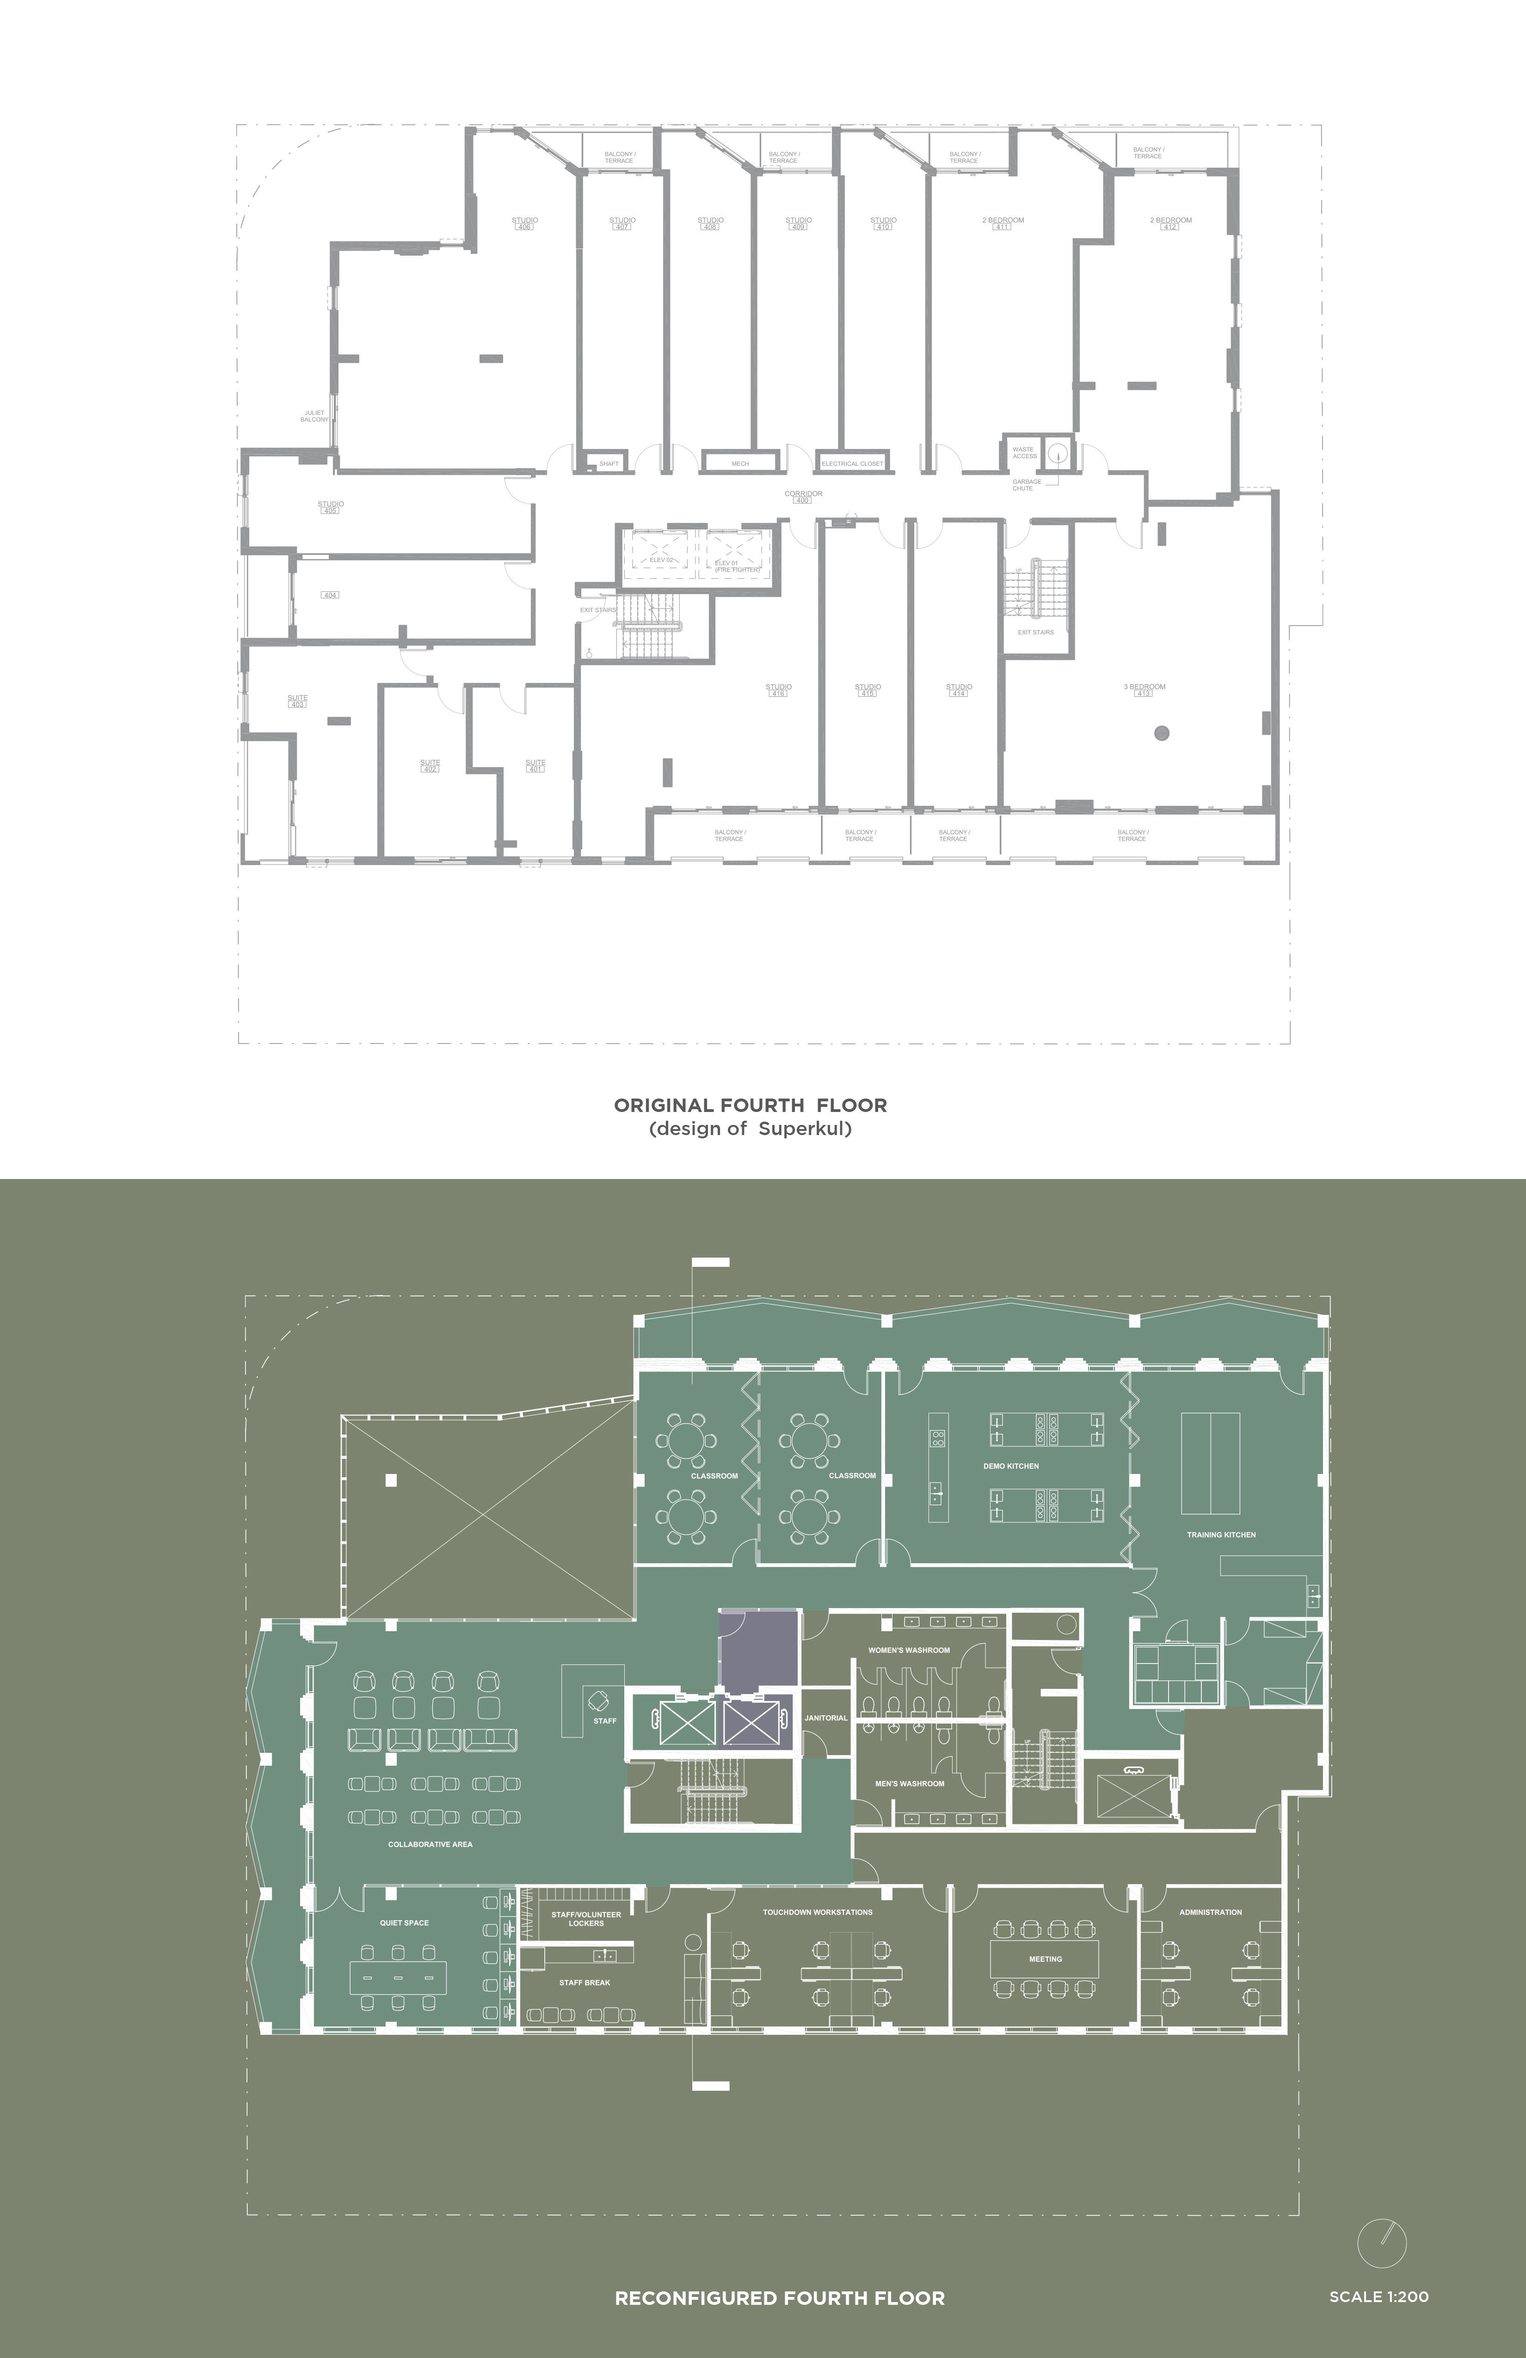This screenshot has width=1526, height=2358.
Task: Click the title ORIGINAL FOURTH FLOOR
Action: point(750,1105)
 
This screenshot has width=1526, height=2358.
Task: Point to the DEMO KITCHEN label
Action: point(1011,1465)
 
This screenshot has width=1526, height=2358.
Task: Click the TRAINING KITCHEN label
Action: point(1221,1535)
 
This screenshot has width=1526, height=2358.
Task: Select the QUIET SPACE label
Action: point(404,1923)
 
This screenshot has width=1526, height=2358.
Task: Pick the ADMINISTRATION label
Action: point(1210,1912)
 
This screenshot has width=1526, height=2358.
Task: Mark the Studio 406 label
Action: point(524,223)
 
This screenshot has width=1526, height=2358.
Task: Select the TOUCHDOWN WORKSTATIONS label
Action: point(818,1912)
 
